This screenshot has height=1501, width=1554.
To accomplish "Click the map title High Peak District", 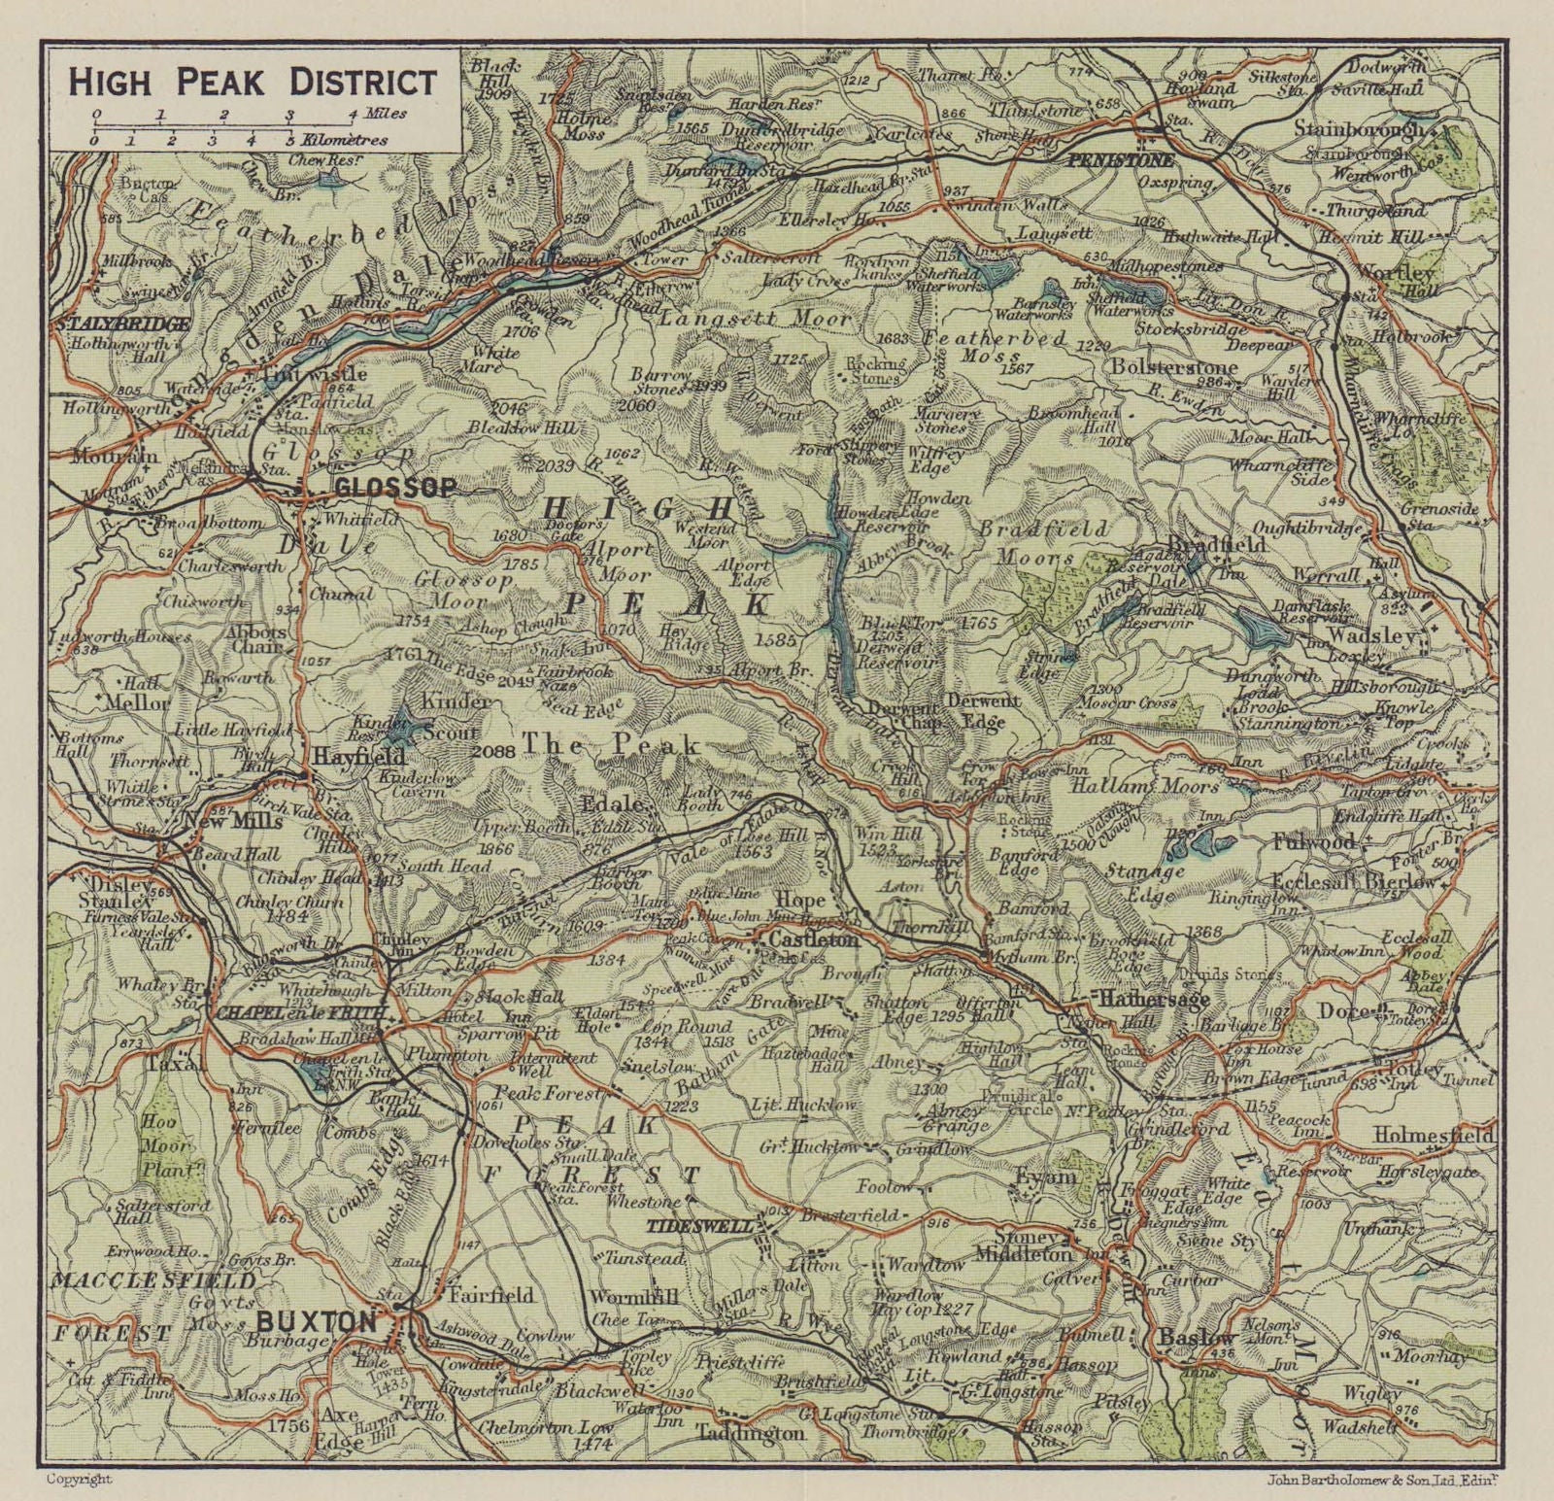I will [253, 83].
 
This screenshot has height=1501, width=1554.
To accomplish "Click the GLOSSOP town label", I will [394, 488].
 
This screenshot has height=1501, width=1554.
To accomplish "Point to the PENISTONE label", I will [1120, 160].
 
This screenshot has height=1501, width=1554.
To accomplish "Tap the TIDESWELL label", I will [698, 1227].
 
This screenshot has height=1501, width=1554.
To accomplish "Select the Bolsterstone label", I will [1174, 367].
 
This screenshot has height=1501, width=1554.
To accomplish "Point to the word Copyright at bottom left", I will [80, 1479].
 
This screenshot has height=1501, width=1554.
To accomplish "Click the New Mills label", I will [234, 822].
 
